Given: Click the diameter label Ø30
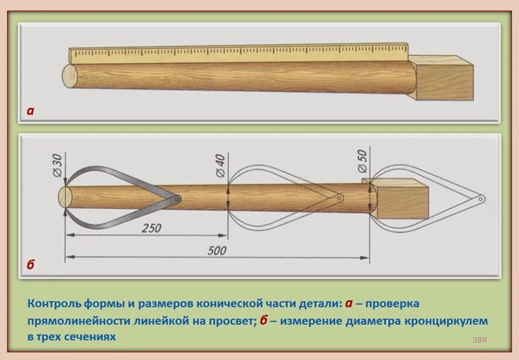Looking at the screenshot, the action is [x=57, y=163].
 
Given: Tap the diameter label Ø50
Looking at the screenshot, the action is [x=361, y=160].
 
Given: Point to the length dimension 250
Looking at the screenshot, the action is [x=151, y=228].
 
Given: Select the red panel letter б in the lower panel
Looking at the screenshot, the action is [x=30, y=265].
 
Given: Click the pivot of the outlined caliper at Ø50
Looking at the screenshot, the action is [x=480, y=199].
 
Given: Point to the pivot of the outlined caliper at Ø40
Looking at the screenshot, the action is [x=339, y=198].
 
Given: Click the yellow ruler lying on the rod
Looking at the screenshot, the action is [x=234, y=54].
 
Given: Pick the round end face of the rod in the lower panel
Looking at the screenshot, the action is [x=65, y=197].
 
